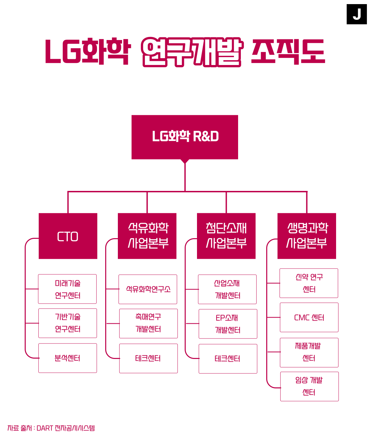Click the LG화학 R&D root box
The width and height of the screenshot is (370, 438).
(185, 137)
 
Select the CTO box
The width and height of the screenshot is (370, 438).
(68, 236)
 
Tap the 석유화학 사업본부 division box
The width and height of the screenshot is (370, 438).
(147, 236)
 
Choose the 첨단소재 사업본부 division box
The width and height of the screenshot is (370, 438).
(226, 236)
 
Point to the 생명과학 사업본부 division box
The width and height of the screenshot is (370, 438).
(307, 236)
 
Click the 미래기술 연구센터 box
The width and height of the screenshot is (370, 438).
(67, 289)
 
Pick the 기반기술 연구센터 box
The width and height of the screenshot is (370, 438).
(68, 323)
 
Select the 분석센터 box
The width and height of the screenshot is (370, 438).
(68, 358)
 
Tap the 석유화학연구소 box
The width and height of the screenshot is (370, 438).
(148, 289)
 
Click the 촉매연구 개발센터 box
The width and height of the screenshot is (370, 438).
(148, 323)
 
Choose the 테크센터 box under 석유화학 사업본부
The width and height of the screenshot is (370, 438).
(148, 358)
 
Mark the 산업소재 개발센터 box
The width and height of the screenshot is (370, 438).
(227, 289)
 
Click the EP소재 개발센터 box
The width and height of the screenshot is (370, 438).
(228, 324)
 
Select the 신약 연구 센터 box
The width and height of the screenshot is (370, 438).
(309, 283)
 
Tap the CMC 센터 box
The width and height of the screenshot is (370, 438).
(309, 317)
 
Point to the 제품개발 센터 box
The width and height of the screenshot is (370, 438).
(309, 352)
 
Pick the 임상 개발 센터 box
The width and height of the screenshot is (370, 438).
(309, 386)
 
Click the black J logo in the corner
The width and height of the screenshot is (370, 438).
(357, 14)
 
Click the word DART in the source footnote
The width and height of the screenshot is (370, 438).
(45, 428)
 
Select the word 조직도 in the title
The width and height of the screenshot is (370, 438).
(288, 52)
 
